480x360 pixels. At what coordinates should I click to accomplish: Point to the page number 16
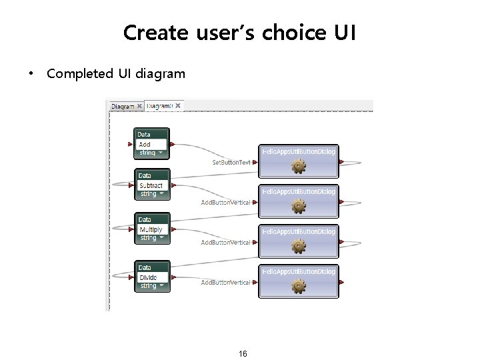243,353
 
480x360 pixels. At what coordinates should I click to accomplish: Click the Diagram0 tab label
159,106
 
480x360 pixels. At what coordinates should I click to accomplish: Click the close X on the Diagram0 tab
178,105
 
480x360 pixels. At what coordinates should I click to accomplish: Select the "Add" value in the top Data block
145,144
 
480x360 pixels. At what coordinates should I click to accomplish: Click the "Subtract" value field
151,185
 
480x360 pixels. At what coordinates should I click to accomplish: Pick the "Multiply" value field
151,229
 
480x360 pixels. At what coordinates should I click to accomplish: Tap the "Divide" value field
148,277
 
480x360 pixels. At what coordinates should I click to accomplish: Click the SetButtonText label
231,162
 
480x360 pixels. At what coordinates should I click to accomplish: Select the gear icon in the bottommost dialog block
298,287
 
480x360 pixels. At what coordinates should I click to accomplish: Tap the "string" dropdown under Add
151,153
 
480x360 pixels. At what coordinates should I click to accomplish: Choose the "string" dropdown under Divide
151,286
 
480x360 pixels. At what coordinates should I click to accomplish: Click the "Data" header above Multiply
145,219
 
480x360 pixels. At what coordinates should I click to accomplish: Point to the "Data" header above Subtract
145,176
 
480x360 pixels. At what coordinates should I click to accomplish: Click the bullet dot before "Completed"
31,74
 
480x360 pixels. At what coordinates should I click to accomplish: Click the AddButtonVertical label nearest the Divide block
225,283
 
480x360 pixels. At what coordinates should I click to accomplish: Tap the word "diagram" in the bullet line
160,73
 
